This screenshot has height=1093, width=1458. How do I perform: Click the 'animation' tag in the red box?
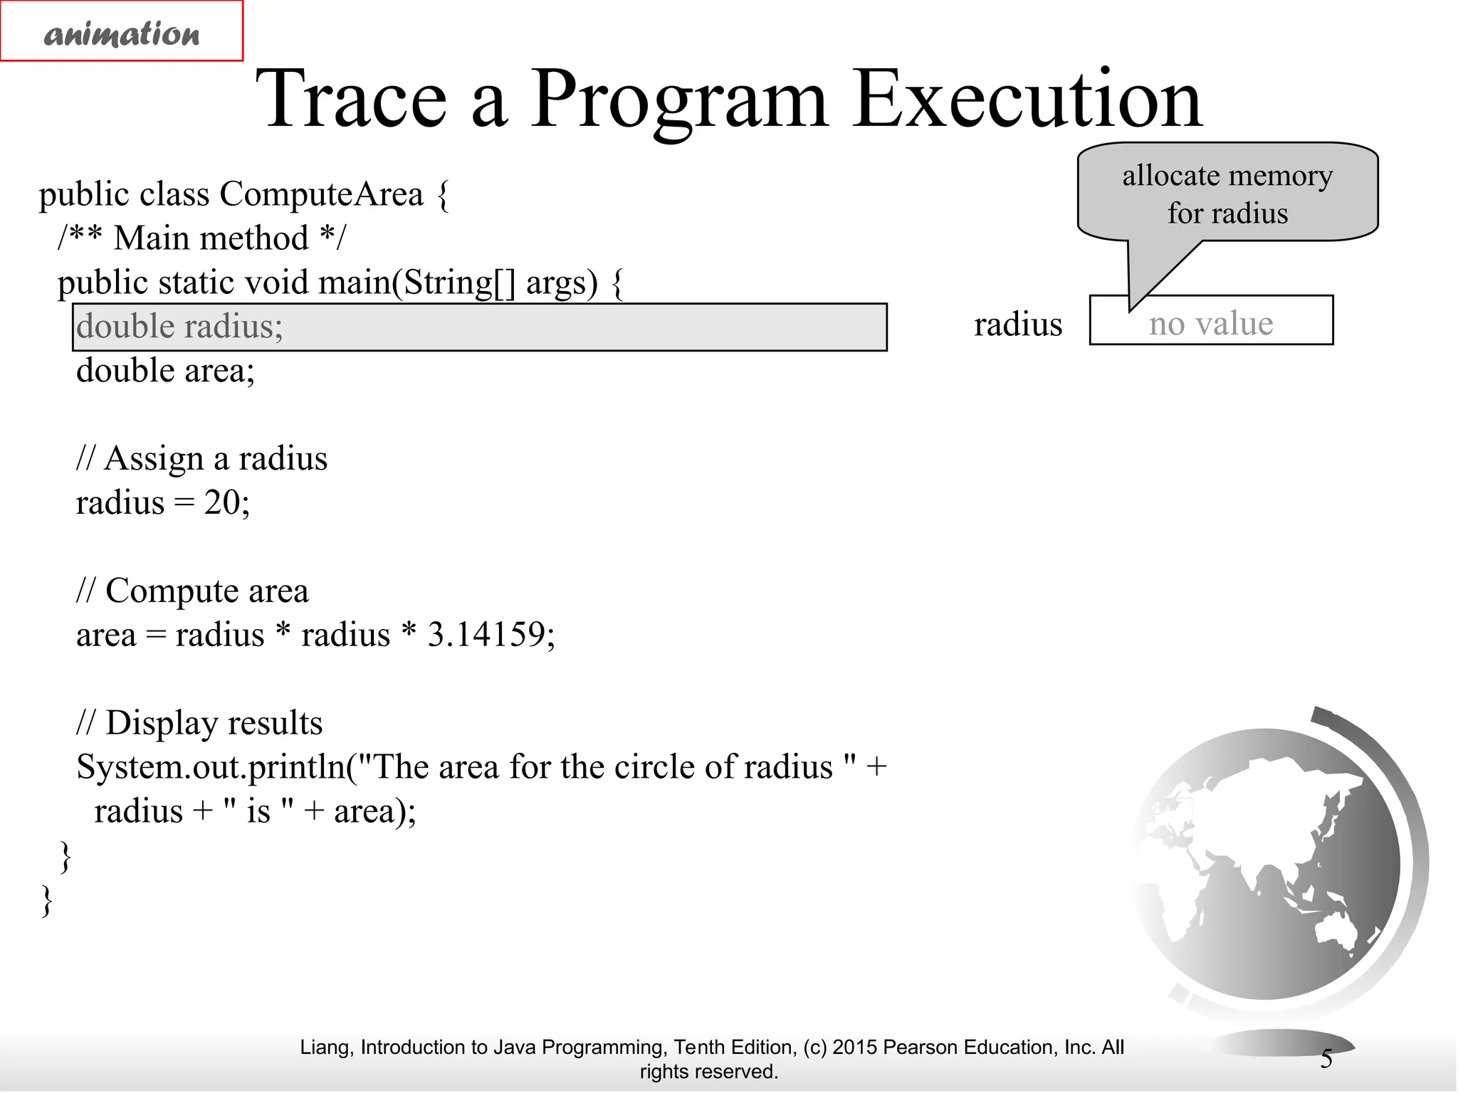(x=122, y=33)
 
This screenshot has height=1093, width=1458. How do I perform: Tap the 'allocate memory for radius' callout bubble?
(x=1227, y=194)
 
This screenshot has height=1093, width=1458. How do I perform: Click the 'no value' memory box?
(x=1211, y=322)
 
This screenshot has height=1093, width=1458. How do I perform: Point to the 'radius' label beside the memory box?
(x=1017, y=324)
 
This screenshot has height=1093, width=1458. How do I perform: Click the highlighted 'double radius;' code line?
(x=479, y=327)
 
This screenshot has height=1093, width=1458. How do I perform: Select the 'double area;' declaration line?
(x=165, y=371)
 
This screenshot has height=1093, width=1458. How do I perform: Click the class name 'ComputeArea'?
(x=321, y=194)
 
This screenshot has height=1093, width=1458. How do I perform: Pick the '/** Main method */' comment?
(x=201, y=238)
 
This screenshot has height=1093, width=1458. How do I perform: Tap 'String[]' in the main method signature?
(x=458, y=283)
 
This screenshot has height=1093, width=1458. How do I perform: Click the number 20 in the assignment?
(x=221, y=502)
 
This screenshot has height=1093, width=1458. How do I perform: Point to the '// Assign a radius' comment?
(x=201, y=458)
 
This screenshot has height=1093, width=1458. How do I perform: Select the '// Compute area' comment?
(x=192, y=591)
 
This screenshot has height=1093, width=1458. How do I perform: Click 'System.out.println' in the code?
(x=210, y=767)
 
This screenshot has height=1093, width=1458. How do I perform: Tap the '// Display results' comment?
(x=199, y=723)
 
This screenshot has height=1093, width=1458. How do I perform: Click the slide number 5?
(x=1326, y=1059)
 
